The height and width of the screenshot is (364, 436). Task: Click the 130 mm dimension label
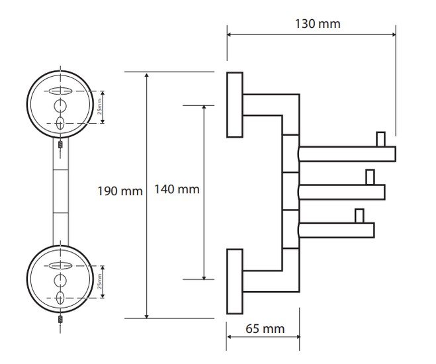(318, 24)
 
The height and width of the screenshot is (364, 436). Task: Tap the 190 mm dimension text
(120, 191)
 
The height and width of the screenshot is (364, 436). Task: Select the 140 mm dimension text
(177, 189)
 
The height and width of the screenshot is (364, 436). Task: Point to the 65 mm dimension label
(265, 329)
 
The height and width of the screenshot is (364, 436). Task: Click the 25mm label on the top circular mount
(99, 107)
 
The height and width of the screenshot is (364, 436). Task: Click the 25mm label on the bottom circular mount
(99, 281)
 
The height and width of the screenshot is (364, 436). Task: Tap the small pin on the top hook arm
(380, 139)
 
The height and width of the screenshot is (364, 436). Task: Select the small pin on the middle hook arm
(370, 177)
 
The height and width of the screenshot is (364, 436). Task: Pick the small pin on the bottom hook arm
(359, 216)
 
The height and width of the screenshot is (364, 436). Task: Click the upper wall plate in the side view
(235, 105)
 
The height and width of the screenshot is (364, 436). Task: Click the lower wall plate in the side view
(235, 281)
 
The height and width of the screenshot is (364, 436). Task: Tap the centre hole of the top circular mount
(60, 106)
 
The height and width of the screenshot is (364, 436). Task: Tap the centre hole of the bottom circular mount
(60, 281)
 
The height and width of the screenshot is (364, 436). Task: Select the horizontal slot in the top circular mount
(60, 91)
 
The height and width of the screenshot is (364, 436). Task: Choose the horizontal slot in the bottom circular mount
(60, 265)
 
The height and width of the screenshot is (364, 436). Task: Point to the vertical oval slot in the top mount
(60, 123)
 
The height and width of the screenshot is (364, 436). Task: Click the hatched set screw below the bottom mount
(60, 319)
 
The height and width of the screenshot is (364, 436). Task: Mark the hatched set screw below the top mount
(60, 144)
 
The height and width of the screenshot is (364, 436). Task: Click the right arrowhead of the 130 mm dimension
(394, 34)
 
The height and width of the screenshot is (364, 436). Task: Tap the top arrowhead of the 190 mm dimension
(147, 75)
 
